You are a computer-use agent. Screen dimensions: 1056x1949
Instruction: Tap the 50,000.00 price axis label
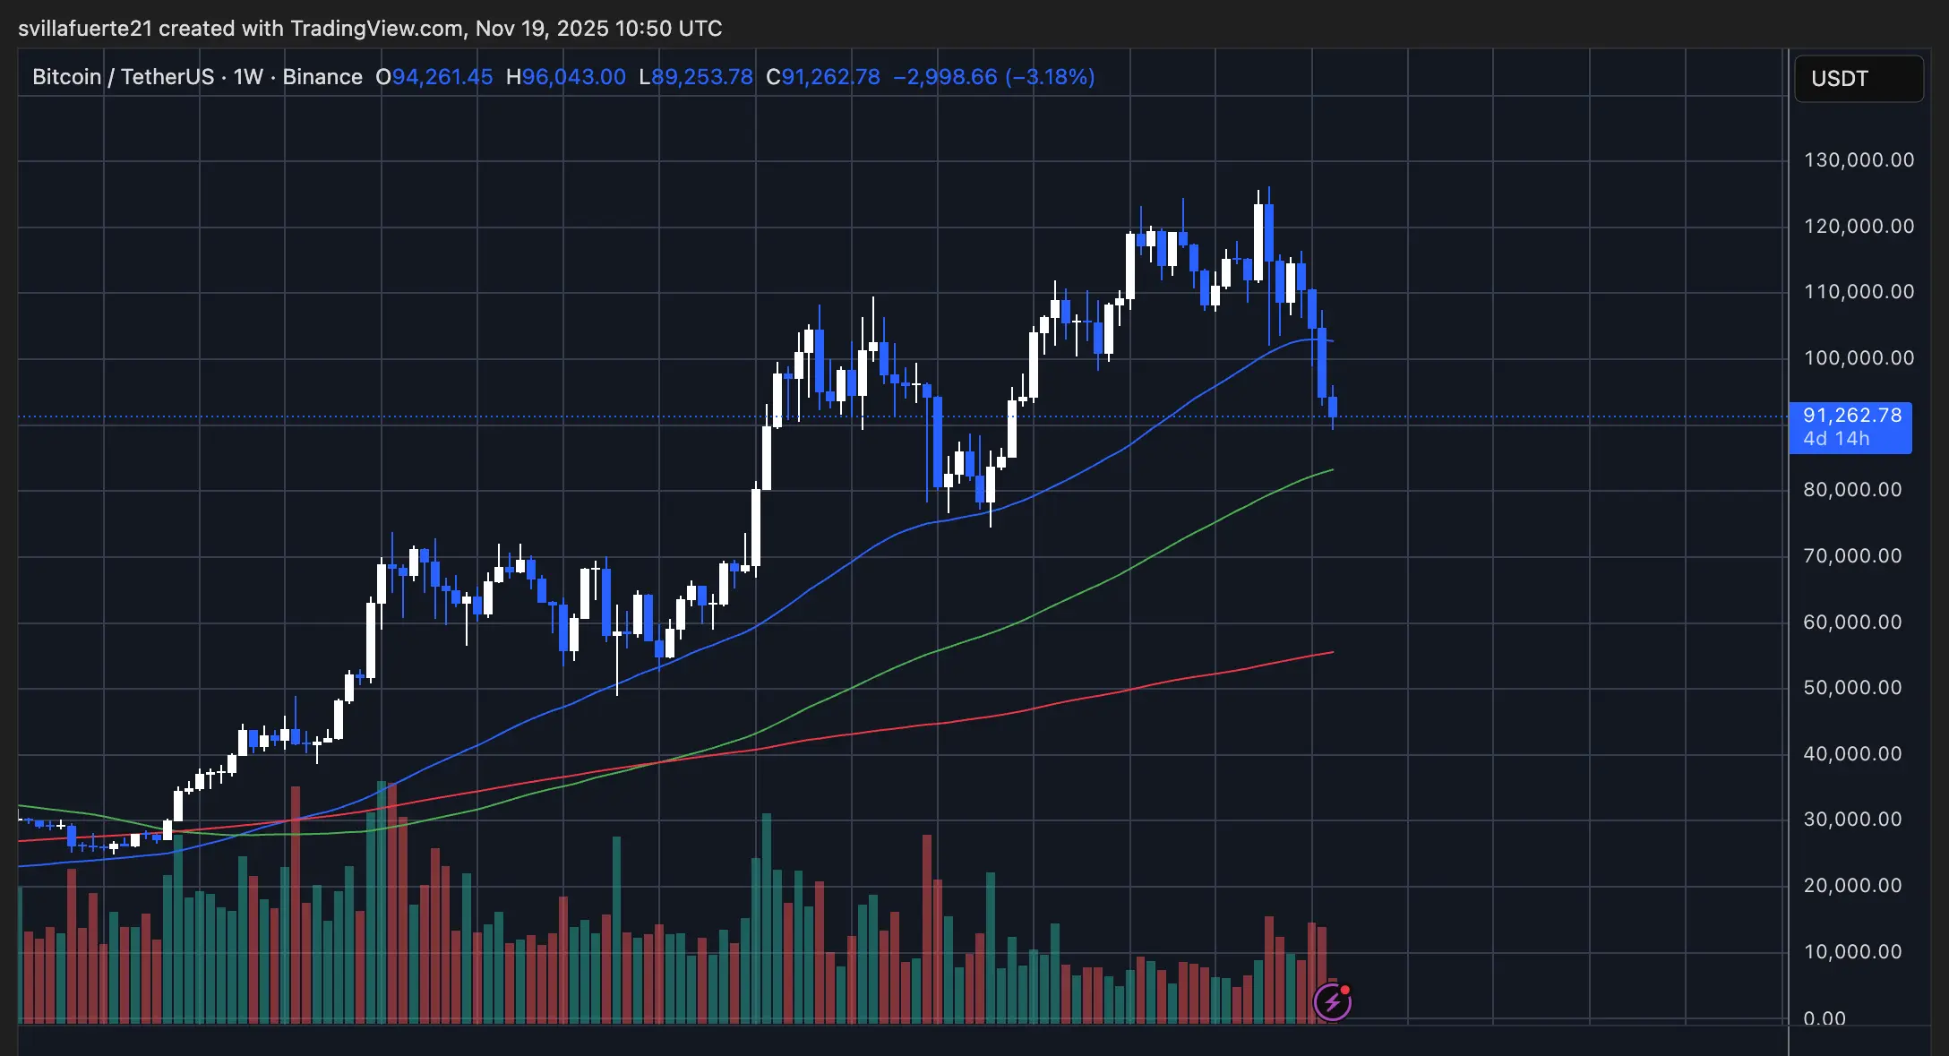pyautogui.click(x=1852, y=688)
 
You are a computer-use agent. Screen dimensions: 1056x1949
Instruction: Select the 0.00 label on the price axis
pyautogui.click(x=1825, y=1018)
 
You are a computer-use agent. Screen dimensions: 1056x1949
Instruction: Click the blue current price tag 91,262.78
pyautogui.click(x=1851, y=416)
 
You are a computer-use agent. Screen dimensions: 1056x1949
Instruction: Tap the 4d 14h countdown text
pyautogui.click(x=1836, y=439)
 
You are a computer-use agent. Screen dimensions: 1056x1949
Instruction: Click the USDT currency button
pyautogui.click(x=1859, y=79)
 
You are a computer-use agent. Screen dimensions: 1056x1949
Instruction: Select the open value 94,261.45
pyautogui.click(x=442, y=77)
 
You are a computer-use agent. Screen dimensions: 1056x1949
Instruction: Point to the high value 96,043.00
pyautogui.click(x=573, y=77)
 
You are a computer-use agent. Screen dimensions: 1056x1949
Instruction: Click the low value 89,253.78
pyautogui.click(x=702, y=77)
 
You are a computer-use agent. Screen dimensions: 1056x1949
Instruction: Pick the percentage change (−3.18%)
pyautogui.click(x=1050, y=77)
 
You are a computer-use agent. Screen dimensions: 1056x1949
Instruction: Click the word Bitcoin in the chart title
pyautogui.click(x=67, y=77)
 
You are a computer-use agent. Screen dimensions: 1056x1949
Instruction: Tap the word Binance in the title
pyautogui.click(x=322, y=77)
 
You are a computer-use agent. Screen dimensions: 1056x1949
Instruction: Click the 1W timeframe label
pyautogui.click(x=248, y=77)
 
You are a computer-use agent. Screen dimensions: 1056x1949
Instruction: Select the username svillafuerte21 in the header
pyautogui.click(x=85, y=29)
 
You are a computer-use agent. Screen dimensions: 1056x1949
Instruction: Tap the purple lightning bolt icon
pyautogui.click(x=1332, y=1002)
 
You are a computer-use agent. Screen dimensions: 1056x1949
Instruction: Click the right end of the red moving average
pyautogui.click(x=1332, y=652)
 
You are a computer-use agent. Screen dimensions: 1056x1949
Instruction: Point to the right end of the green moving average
pyautogui.click(x=1332, y=469)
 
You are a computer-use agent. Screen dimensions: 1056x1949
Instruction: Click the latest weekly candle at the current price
pyautogui.click(x=1333, y=408)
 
